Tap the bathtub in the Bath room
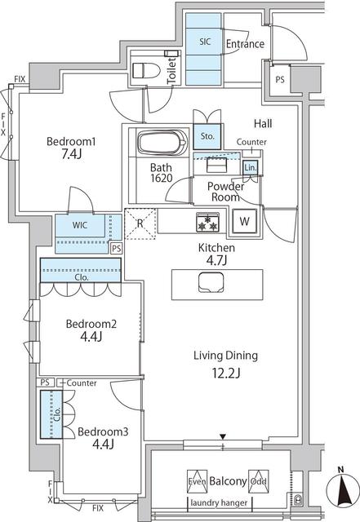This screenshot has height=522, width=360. (162, 144)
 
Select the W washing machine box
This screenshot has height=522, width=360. (244, 221)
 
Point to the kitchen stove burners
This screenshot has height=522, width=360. (206, 222)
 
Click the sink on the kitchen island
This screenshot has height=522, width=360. (209, 283)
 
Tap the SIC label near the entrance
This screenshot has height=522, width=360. (204, 40)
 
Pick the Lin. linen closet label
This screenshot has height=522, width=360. (251, 168)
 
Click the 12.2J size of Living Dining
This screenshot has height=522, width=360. (225, 374)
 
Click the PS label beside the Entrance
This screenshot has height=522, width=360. (279, 80)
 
